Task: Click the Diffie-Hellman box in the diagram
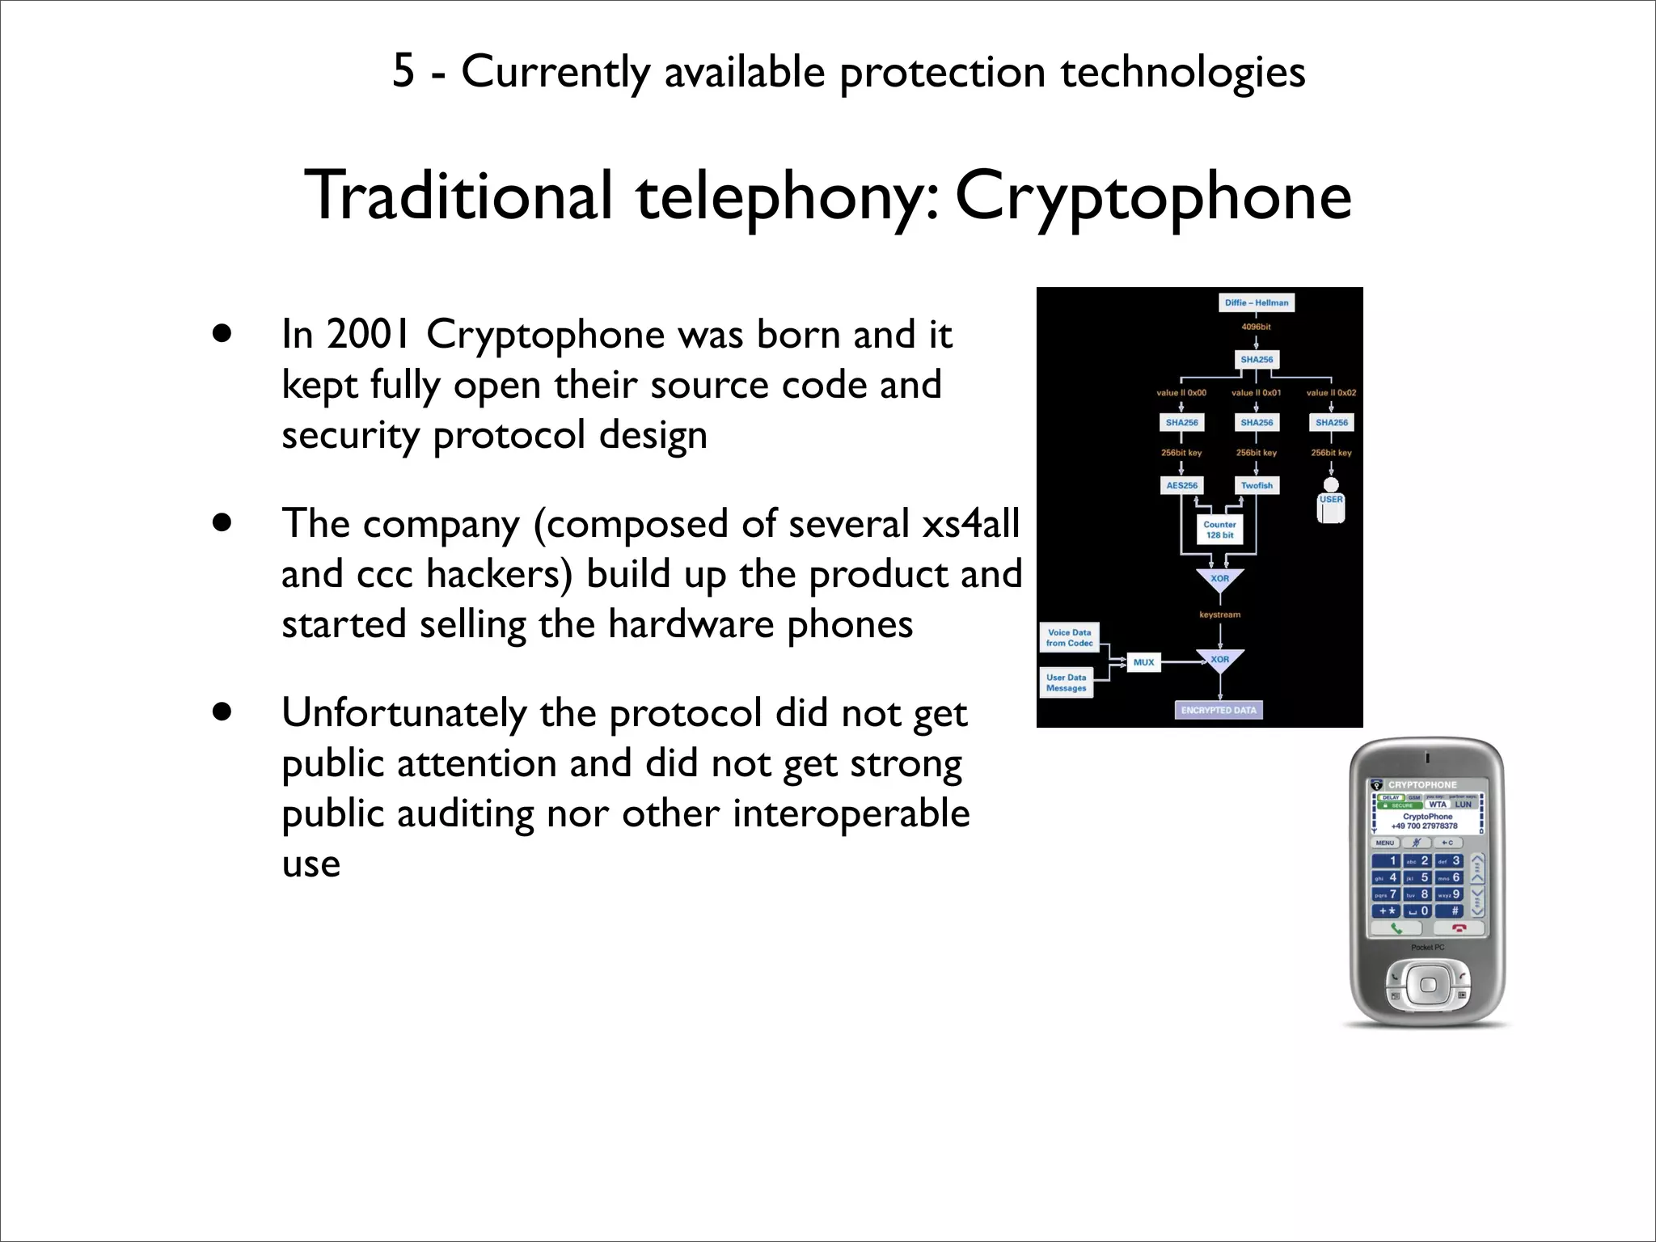(1256, 302)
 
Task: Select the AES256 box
(1181, 485)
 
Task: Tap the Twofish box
(1257, 485)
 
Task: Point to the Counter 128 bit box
(1219, 530)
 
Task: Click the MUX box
(1143, 662)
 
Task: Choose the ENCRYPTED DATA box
(1219, 710)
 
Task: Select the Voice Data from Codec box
(1069, 638)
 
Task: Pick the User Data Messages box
(1067, 683)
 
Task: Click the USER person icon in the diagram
(1331, 500)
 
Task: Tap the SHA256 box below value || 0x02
(1332, 422)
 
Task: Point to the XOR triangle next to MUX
(1219, 661)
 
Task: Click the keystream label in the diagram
(1219, 615)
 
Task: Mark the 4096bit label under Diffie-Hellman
(1256, 327)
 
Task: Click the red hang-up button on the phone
(1458, 928)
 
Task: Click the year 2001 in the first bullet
(369, 335)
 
